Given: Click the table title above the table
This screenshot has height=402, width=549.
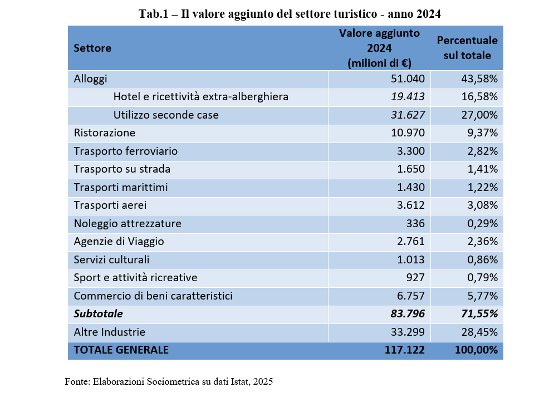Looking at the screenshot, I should pos(290,14).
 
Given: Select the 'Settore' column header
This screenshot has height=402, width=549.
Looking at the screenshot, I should pos(92,48).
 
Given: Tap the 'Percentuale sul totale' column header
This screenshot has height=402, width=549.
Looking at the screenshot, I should pos(467,48).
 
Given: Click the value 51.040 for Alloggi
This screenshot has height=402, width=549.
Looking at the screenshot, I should pos(408,79).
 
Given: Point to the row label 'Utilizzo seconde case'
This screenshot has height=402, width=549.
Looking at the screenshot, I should pos(166,115).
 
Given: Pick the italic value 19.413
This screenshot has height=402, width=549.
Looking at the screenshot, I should pos(408,97).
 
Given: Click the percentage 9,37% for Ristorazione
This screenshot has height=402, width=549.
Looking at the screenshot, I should pos(482,133).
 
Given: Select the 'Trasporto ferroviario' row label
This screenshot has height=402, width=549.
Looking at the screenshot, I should pos(126,151).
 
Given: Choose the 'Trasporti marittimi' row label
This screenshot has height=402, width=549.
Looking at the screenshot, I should pos(121,187).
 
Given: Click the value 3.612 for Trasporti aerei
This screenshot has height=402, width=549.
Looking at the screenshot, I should pos(411,205).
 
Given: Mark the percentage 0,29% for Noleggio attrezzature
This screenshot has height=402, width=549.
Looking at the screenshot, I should pos(482,223).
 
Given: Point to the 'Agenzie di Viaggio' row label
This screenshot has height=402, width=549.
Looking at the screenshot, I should pos(119,242).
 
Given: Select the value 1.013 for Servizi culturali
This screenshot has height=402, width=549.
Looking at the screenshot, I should pos(411,259).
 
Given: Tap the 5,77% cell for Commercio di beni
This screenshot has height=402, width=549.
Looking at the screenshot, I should pos(482,296).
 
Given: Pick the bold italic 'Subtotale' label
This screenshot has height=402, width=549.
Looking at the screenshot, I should pos(98,314).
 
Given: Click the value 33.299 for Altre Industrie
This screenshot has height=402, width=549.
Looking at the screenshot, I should pos(408,332).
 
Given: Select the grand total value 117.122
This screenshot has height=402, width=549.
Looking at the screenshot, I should pos(404,350).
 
